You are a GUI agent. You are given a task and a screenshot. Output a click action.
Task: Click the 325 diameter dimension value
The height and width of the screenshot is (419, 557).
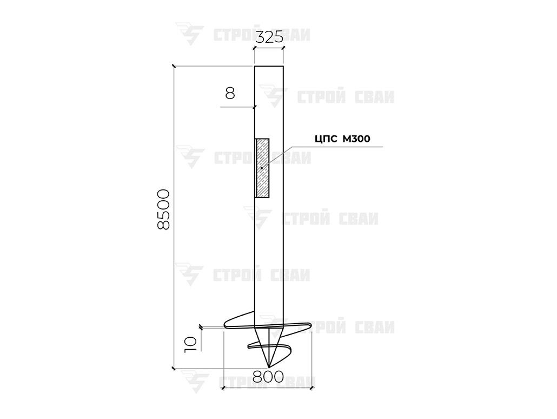269,37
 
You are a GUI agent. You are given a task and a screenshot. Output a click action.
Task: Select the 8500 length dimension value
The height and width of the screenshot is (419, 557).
163,209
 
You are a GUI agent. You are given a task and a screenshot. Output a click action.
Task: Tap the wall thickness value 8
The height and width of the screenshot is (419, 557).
230,93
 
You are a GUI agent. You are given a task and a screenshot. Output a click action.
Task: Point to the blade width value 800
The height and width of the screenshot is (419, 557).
268,376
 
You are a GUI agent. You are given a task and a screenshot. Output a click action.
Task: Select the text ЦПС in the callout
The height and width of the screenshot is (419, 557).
326,139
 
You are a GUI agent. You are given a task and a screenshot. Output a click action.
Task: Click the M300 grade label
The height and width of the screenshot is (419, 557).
356,139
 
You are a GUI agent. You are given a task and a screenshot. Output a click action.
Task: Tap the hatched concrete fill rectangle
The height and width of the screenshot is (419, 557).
262,168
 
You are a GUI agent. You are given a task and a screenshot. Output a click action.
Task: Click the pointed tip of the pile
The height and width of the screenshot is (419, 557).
269,367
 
